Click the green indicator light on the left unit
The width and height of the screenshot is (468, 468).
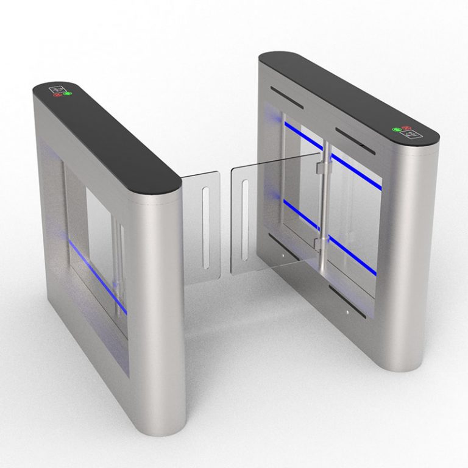pyautogui.click(x=66, y=93)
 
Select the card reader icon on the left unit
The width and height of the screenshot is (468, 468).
pyautogui.click(x=58, y=88)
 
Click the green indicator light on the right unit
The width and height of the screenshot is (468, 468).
pyautogui.click(x=396, y=129)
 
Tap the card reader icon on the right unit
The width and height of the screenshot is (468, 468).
pyautogui.click(x=408, y=135)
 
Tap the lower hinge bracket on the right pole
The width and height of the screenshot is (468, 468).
pyautogui.click(x=320, y=244)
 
